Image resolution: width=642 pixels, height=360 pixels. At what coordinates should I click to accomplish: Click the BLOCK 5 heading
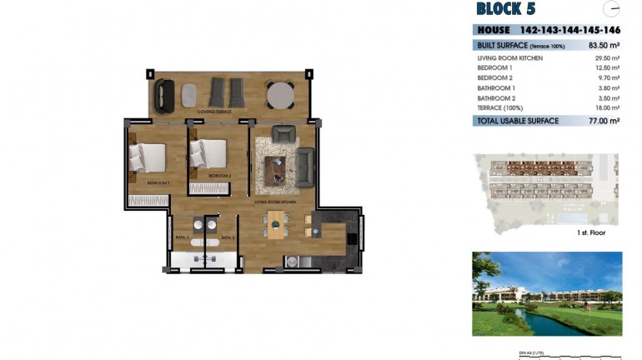505,9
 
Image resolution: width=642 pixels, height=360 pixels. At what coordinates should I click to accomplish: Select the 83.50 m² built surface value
603,45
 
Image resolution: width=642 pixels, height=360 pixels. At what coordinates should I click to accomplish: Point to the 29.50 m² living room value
606,58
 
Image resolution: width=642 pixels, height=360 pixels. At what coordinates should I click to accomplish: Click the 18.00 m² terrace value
606,107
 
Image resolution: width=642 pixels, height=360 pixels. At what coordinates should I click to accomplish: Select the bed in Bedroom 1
149,156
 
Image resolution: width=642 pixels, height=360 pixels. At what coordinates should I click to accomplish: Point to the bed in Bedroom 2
208,154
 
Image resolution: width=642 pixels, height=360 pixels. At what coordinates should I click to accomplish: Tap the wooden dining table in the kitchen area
276,224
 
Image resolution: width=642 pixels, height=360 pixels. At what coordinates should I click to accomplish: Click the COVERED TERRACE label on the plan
214,111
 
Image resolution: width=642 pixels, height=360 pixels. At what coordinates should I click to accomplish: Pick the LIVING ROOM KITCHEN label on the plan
276,202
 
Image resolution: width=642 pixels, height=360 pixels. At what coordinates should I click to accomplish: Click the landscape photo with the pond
546,293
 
